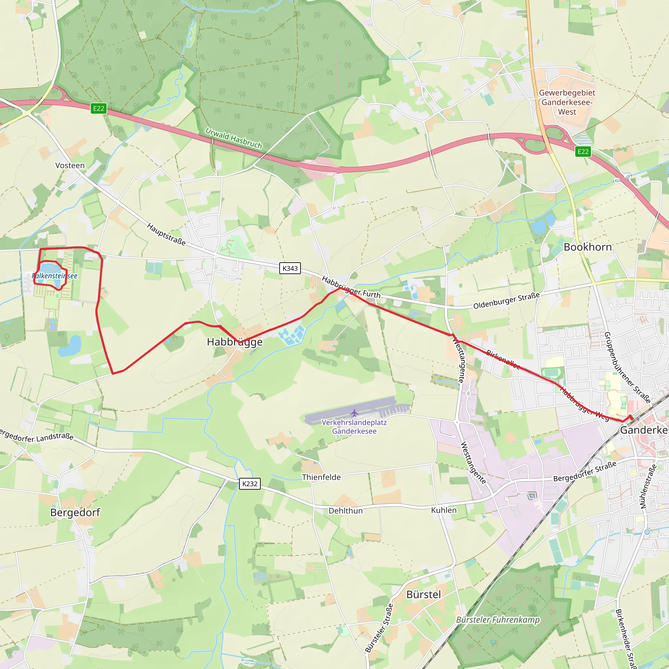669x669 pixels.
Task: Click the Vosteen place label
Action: pos(70,166)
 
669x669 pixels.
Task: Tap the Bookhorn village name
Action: pos(588,247)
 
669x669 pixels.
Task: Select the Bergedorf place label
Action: pos(75,513)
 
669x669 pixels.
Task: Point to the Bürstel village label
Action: pos(423,595)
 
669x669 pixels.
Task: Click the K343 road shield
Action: pos(290,269)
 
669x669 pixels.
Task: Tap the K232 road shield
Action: pos(250,484)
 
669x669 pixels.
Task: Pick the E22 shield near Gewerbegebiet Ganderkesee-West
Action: pos(583,152)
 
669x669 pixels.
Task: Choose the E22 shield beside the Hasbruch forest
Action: pos(98,108)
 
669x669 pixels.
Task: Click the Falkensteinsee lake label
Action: pos(55,276)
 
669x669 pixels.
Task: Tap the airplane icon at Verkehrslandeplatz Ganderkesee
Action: pos(354,413)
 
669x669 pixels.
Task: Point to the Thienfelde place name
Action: pos(321,478)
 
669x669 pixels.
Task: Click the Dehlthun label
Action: pos(345,511)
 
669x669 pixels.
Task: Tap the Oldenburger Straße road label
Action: pos(506,301)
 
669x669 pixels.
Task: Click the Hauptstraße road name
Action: pos(166,235)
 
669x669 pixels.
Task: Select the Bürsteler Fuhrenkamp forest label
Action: pos(498,620)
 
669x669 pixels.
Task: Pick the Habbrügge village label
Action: pos(235,342)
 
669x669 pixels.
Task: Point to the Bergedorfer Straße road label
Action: pos(584,471)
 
